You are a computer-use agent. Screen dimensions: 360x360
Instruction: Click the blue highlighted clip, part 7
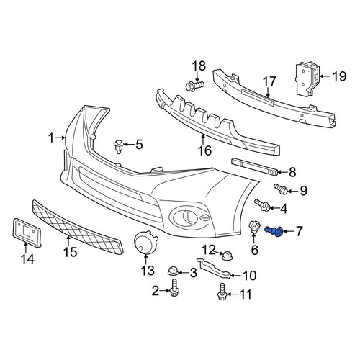point(274,231)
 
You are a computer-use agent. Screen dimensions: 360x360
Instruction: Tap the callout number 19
point(339,76)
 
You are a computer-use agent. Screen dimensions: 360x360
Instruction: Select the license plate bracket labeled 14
point(27,232)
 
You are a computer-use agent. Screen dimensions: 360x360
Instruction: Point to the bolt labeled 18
point(195,86)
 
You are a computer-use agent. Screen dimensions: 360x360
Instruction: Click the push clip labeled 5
point(119,146)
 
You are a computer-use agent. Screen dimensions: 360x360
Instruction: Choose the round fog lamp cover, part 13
point(145,242)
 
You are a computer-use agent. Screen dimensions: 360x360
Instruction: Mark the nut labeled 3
point(173,271)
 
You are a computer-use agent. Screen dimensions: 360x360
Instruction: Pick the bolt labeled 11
point(222,292)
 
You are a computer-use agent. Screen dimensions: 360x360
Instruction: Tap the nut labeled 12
point(227,256)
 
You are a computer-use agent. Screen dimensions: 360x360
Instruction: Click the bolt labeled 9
point(281,189)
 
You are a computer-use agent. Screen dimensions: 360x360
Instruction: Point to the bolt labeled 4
point(262,205)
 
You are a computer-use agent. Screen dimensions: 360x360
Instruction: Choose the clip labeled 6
point(254,228)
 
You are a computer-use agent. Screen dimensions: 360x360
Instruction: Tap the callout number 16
point(204,150)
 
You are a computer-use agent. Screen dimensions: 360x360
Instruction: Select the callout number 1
point(51,138)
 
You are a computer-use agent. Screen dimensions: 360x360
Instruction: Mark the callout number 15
point(70,252)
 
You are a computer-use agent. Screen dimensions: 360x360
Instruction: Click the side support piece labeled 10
point(214,268)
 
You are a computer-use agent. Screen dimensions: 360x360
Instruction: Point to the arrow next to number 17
point(268,92)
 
